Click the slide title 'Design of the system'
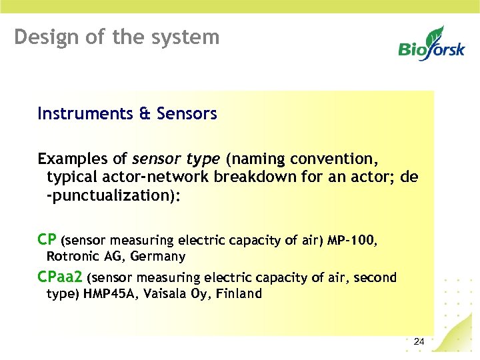[x=117, y=37]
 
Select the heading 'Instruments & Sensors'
[x=127, y=114]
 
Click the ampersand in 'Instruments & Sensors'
[x=145, y=114]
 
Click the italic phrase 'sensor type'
[x=176, y=159]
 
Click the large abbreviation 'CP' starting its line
[x=47, y=239]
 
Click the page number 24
[x=419, y=342]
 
